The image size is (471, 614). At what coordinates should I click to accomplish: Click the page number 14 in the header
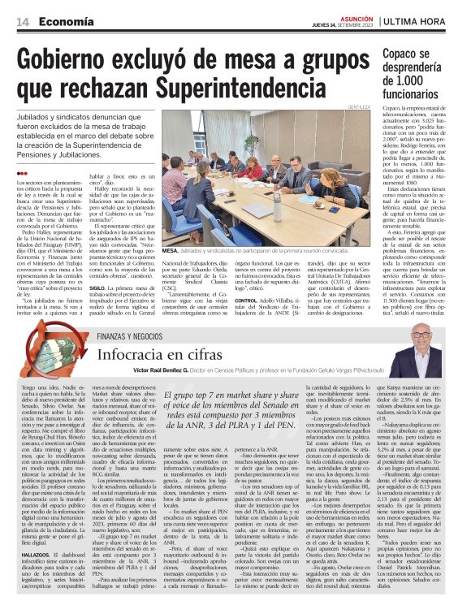pyautogui.click(x=22, y=22)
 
